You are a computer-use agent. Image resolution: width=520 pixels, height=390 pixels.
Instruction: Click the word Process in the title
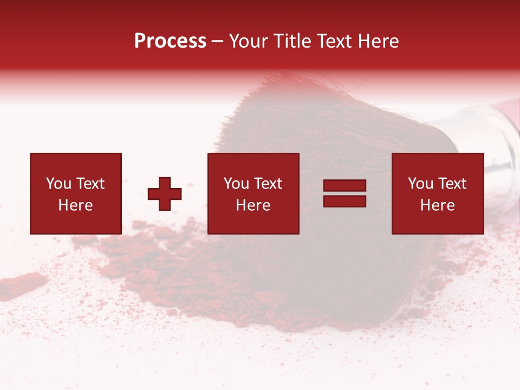click(x=170, y=41)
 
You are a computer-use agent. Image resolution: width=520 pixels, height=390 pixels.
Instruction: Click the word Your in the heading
click(x=248, y=41)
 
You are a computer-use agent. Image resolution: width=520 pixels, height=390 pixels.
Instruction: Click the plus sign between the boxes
click(x=165, y=194)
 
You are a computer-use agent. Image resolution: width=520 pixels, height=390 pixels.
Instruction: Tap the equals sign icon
click(x=344, y=193)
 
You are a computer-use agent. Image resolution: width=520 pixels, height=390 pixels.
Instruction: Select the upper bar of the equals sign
click(x=344, y=186)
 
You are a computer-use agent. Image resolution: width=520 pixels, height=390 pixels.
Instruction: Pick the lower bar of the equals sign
click(x=344, y=201)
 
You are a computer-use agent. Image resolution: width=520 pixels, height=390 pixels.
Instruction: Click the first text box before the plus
click(x=75, y=193)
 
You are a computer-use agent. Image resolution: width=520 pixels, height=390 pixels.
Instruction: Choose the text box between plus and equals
click(x=253, y=193)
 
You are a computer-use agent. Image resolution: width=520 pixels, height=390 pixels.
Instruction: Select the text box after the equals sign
click(x=437, y=193)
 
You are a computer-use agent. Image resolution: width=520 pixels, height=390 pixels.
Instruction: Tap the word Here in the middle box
click(x=253, y=205)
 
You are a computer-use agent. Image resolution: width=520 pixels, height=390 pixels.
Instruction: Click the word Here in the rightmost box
click(x=437, y=205)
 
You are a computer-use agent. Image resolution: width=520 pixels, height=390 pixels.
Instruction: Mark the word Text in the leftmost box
click(x=89, y=184)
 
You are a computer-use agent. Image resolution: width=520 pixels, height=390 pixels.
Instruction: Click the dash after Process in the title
click(x=218, y=41)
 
